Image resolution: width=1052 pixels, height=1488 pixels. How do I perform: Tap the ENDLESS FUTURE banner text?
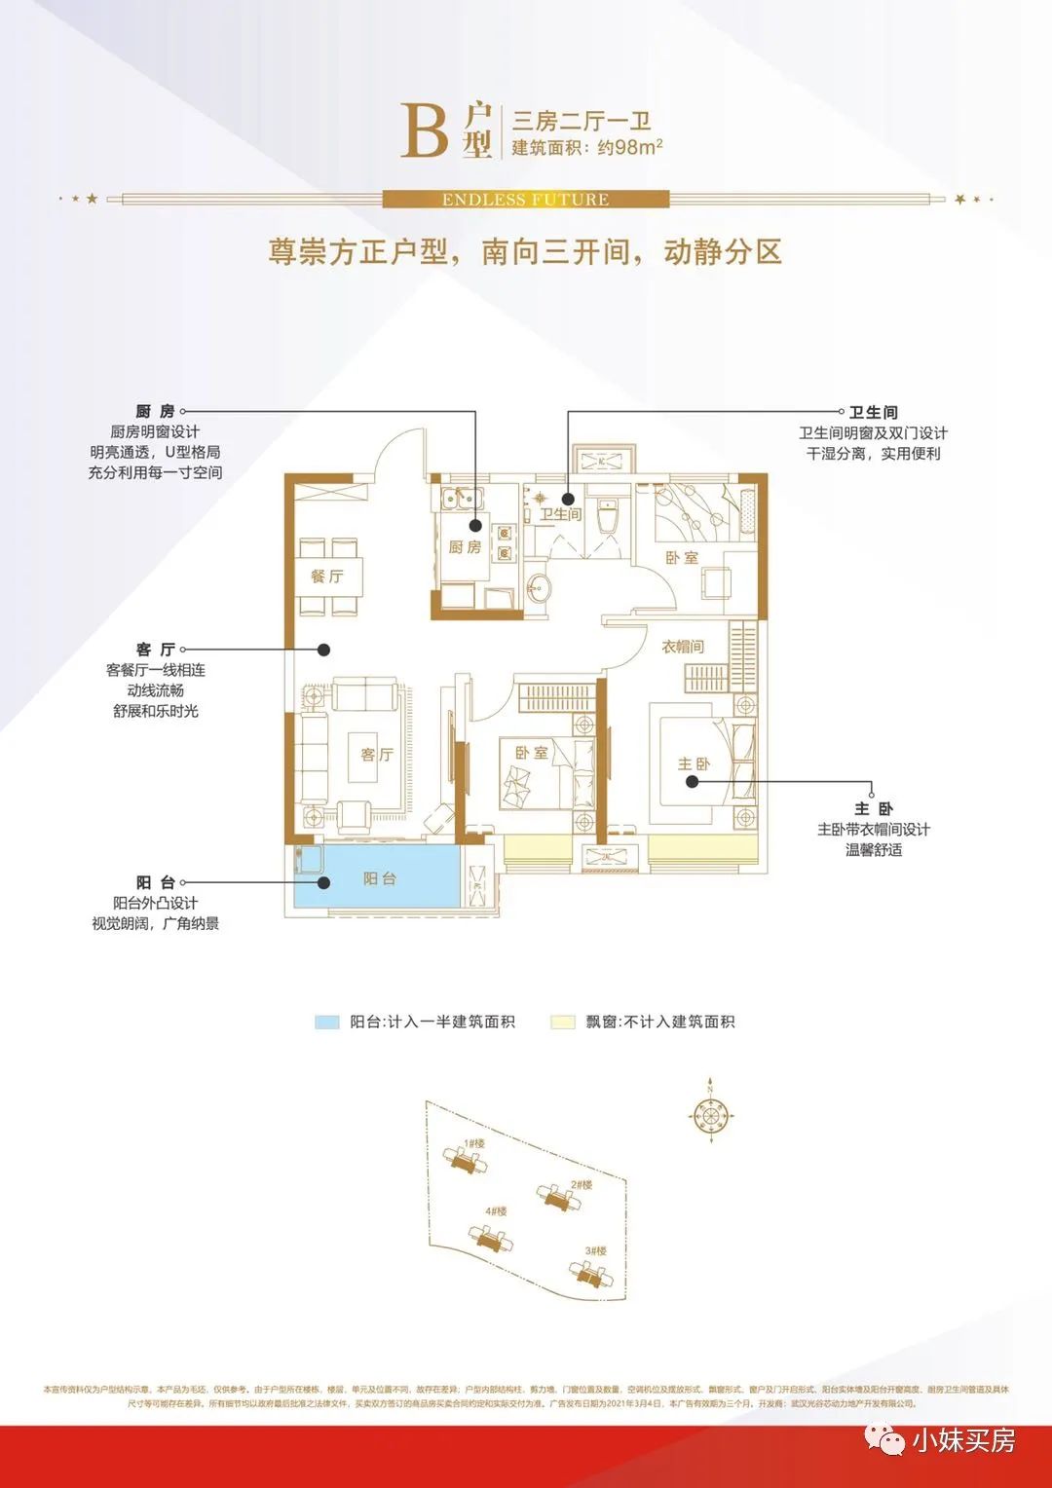(525, 200)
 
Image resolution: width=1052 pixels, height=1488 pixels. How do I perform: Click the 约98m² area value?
(629, 148)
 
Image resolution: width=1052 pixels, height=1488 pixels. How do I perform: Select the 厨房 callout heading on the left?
(156, 412)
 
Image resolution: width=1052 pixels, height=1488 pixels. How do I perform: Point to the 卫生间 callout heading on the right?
(874, 413)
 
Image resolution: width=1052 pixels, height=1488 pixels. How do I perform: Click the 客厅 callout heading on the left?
(156, 650)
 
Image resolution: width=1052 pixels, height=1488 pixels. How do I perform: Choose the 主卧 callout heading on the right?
(874, 809)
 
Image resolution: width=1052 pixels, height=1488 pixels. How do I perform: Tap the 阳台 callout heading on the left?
(156, 883)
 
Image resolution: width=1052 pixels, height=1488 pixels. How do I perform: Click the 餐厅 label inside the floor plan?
(327, 577)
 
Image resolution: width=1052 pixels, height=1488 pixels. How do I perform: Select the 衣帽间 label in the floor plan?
(683, 647)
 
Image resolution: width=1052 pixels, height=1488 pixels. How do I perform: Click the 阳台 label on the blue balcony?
(380, 878)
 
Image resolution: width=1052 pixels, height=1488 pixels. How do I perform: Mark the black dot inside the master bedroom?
(693, 781)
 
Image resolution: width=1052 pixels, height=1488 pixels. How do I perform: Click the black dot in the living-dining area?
(323, 650)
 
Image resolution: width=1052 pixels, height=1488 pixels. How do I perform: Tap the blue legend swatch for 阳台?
(326, 1023)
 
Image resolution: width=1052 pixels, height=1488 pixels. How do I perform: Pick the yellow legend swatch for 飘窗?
(563, 1023)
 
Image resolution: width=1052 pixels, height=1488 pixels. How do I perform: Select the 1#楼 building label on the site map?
(474, 1143)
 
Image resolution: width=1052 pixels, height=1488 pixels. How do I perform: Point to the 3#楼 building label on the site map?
(596, 1251)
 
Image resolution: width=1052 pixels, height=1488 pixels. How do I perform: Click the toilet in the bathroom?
(608, 516)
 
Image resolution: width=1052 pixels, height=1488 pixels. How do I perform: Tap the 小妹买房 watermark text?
(963, 1440)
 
